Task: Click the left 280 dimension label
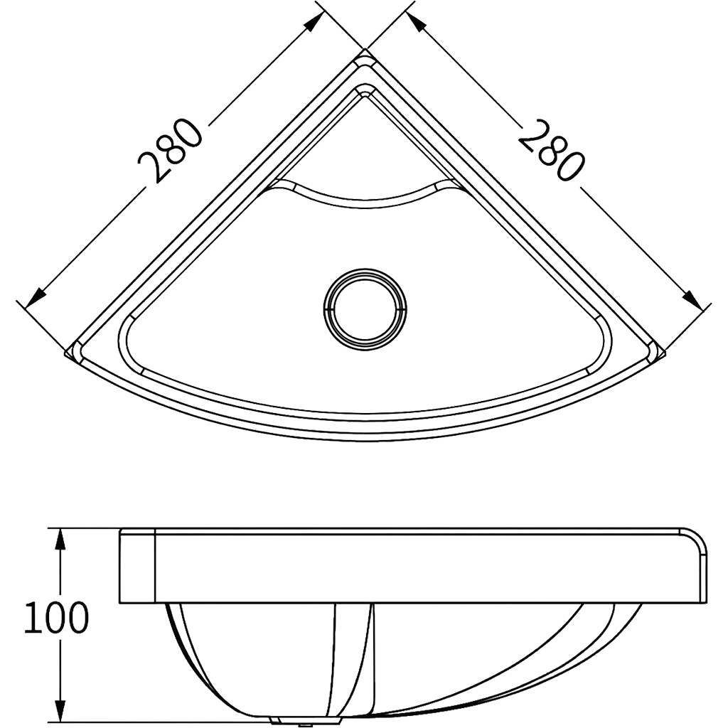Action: [x=171, y=151]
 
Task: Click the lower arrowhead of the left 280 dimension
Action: [x=34, y=299]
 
